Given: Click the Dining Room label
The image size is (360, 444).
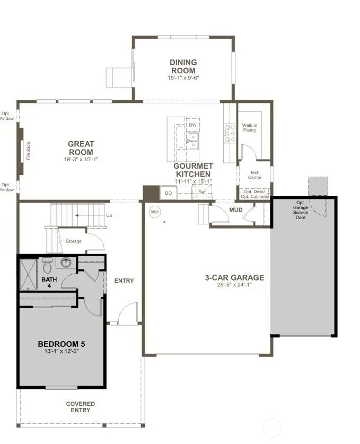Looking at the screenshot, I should pyautogui.click(x=183, y=66).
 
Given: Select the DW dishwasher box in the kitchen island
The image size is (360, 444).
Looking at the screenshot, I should pyautogui.click(x=193, y=125).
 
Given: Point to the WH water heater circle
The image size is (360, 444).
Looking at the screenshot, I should pyautogui.click(x=154, y=211).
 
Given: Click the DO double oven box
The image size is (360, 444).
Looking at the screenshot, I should pyautogui.click(x=168, y=194).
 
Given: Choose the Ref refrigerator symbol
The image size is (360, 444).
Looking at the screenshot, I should pyautogui.click(x=201, y=193).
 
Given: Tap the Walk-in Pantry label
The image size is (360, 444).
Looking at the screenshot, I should pyautogui.click(x=250, y=128).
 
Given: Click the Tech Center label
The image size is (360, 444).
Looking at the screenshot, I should pyautogui.click(x=255, y=175).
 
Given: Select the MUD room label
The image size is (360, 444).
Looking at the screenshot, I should pyautogui.click(x=236, y=210).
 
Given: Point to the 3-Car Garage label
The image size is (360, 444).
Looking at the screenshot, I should pyautogui.click(x=234, y=277).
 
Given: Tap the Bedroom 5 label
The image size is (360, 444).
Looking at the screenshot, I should pyautogui.click(x=62, y=344).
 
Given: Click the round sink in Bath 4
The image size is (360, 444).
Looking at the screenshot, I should pyautogui.click(x=66, y=262).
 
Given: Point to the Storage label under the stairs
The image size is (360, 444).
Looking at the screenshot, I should pyautogui.click(x=74, y=241).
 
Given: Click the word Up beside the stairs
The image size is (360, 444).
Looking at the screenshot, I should pyautogui.click(x=109, y=216).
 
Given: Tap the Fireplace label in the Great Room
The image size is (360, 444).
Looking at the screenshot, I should pyautogui.click(x=29, y=151).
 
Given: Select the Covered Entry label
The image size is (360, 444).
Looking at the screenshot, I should pyautogui.click(x=81, y=407).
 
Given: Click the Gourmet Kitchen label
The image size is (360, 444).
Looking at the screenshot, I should pyautogui.click(x=192, y=170).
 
